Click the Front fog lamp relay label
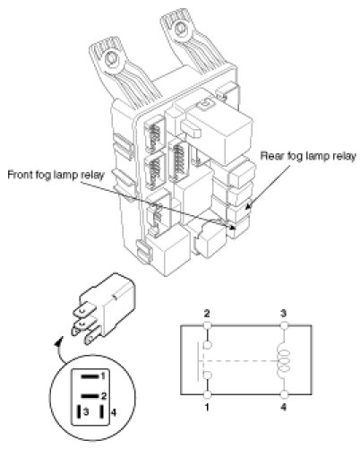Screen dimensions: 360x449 (56, 175)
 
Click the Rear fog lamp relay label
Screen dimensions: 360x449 (308, 156)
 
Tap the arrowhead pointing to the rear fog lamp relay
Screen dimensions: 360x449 (248, 206)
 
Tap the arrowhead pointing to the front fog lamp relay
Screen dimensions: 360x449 (232, 227)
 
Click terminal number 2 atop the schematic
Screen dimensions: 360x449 (207, 314)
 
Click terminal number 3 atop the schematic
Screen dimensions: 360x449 (284, 314)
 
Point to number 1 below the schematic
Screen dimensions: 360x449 (207, 407)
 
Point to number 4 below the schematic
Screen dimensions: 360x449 (284, 407)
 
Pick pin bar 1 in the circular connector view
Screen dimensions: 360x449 (90, 376)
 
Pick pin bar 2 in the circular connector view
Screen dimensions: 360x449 (90, 396)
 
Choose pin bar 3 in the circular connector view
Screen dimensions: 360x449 (80, 412)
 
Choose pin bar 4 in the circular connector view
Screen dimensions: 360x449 (102, 412)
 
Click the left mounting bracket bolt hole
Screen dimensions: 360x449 (112, 58)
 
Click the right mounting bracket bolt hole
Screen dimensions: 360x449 (180, 29)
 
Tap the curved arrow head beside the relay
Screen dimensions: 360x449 (59, 341)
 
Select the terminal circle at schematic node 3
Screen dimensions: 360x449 (284, 325)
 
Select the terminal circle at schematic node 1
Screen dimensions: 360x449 (207, 394)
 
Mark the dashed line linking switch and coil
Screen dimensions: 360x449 (239, 361)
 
